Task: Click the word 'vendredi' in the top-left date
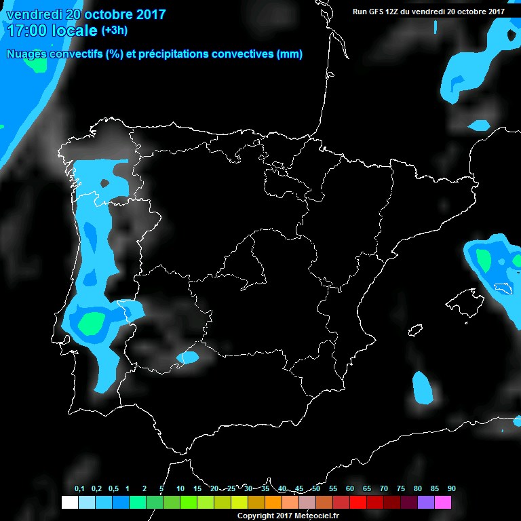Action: (33, 14)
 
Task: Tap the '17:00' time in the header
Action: (28, 31)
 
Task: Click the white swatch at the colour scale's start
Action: (69, 503)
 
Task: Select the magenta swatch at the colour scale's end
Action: (442, 503)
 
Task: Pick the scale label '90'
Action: (451, 489)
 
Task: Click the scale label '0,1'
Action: (79, 489)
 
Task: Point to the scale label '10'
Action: (180, 489)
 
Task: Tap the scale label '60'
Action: (349, 489)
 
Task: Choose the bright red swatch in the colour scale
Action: (358, 503)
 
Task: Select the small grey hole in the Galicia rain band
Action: (104, 183)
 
